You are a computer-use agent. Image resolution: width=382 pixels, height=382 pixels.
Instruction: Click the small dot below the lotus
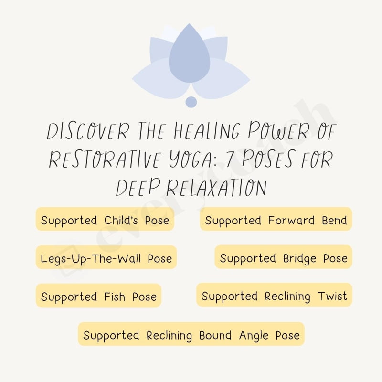(x=191, y=102)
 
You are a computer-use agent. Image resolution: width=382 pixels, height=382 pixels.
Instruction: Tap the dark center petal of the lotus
(x=190, y=55)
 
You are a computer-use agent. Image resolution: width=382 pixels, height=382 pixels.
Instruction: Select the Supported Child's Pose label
(x=105, y=220)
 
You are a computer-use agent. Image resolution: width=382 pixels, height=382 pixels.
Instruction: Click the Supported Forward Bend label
(x=276, y=220)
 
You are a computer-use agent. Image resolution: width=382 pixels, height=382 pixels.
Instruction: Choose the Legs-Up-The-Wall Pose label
(x=106, y=258)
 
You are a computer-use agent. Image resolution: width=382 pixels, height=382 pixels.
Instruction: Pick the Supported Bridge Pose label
(x=283, y=258)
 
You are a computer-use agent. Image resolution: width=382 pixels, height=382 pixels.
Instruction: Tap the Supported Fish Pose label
(x=99, y=297)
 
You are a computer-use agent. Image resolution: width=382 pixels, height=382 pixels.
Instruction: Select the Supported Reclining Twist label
(x=274, y=296)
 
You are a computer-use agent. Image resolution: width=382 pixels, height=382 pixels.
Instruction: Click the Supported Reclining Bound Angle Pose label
(x=191, y=335)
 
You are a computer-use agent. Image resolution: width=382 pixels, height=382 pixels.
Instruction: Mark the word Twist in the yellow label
(x=333, y=296)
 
